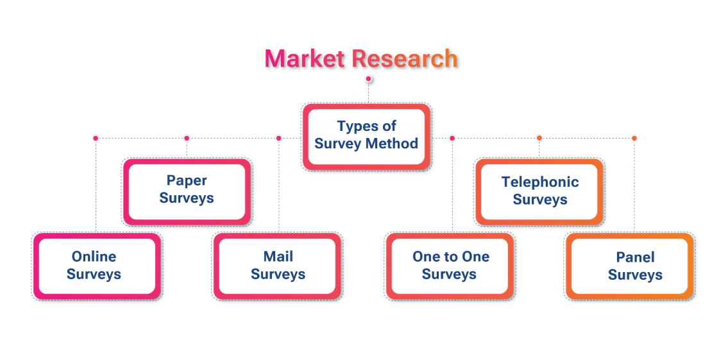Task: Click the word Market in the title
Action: pos(305,58)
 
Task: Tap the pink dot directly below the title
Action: pos(368,79)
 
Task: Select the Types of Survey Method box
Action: pos(366,137)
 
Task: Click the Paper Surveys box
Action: pos(187,192)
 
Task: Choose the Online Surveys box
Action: pos(97,266)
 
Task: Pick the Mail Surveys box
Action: pos(277,266)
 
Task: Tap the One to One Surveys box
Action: pos(450,266)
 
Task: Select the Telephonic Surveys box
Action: pos(539,192)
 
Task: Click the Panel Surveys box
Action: pos(630,266)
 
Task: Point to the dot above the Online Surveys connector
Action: pos(96,138)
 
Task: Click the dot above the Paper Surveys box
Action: pos(187,138)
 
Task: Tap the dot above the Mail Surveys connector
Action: pos(278,138)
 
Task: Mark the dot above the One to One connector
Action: pos(452,138)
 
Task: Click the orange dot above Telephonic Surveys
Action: pos(539,138)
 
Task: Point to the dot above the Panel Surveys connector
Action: pos(634,138)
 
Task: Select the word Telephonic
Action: pos(540,182)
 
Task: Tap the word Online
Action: pos(94,257)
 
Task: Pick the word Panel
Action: pos(635,257)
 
